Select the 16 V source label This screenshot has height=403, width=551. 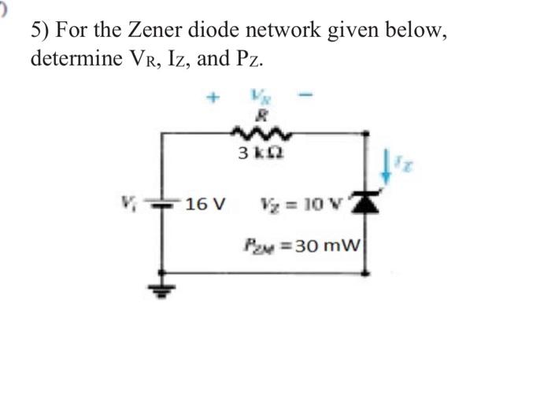coord(205,205)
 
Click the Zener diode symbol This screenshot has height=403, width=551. coord(364,205)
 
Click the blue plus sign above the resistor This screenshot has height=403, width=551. coord(211,99)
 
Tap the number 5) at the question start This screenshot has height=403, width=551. coord(42,32)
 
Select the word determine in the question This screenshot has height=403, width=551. coord(76,59)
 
